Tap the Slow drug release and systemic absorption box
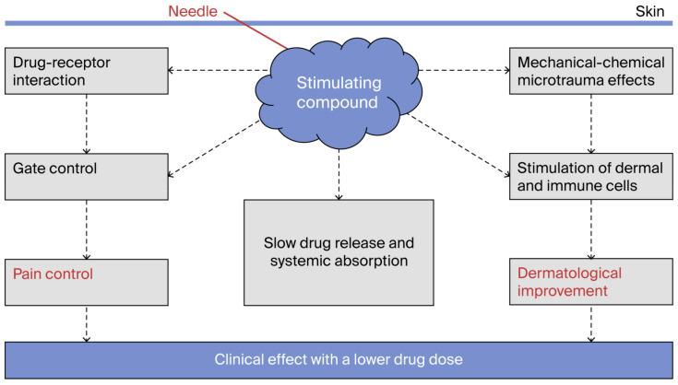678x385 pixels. [338, 251]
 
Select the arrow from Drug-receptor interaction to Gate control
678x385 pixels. [87, 122]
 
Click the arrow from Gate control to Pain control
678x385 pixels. [87, 228]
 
